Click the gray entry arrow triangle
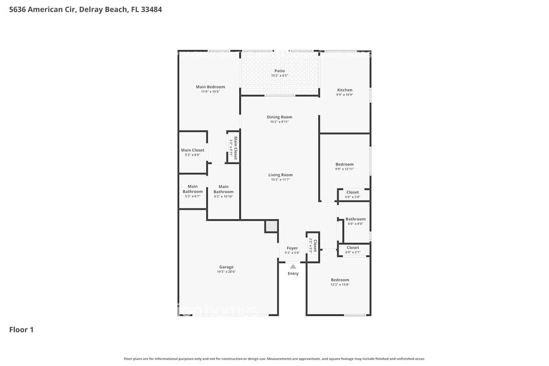pos(293,266)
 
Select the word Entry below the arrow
pos(293,273)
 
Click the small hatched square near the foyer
pos(271,226)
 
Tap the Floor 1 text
pos(21,329)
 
